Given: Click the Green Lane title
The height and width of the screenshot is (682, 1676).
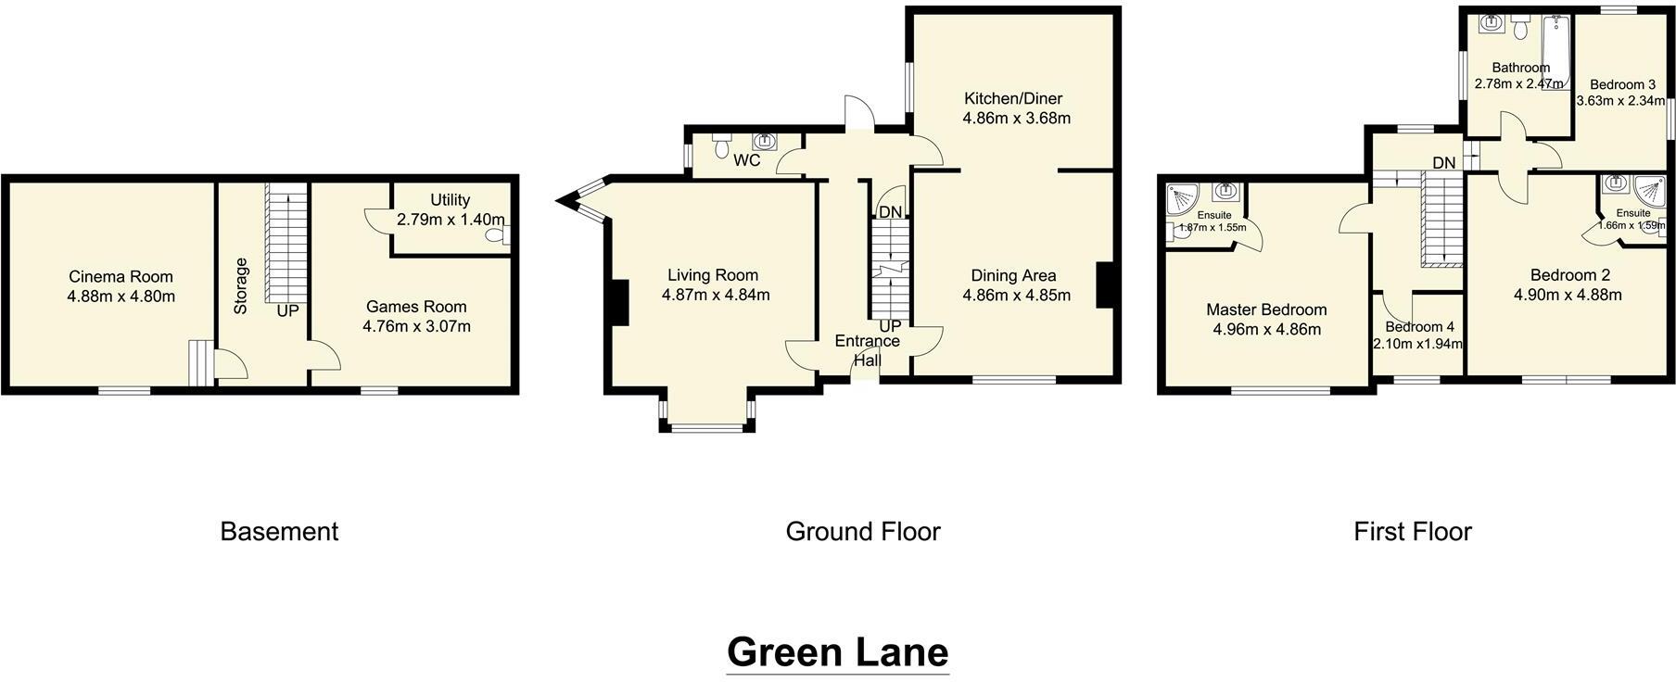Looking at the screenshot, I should (837, 651).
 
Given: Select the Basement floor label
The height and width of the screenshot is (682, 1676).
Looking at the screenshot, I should (279, 531).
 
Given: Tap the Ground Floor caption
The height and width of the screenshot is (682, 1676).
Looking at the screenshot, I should (862, 531).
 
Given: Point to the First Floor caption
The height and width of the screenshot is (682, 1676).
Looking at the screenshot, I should (1412, 531).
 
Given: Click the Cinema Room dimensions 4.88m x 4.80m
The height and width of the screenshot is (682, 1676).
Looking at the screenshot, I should (121, 297).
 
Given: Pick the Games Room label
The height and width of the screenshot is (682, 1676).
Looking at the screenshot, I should (416, 307).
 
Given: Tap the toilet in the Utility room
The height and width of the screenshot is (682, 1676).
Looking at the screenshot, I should (499, 235).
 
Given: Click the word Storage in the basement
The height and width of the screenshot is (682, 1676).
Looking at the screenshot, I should (241, 285).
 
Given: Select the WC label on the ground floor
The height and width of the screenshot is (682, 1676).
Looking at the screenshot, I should (746, 160).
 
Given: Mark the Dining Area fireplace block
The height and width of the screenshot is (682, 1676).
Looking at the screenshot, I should (1104, 284).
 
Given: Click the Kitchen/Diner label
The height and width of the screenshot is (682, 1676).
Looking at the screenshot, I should (1012, 98).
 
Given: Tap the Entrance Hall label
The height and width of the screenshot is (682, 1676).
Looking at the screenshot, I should (867, 349).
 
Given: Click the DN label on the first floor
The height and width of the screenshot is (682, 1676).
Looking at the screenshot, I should (1443, 163).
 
